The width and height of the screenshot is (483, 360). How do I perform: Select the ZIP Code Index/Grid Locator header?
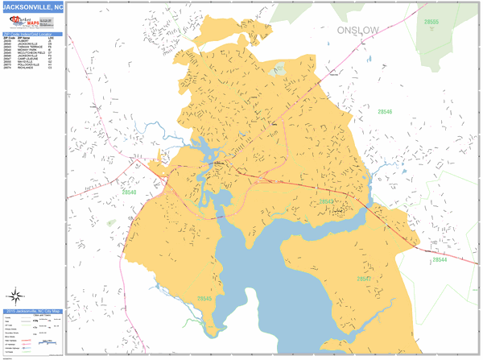[x=32, y=34]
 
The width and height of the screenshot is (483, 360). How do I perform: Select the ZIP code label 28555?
[x=432, y=22]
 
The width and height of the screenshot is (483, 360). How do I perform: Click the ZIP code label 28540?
[x=129, y=192]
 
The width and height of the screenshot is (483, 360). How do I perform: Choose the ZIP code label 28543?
[x=327, y=201]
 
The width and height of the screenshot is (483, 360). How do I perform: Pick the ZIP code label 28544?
[x=439, y=259]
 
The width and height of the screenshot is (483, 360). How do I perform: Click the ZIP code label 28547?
[x=365, y=279]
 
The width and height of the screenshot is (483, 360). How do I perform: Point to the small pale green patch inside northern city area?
[x=279, y=70]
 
